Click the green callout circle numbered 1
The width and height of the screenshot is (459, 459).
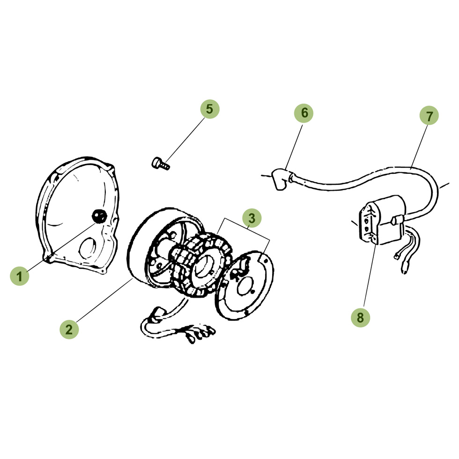click(x=20, y=276)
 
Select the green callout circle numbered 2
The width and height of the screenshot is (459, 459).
click(x=69, y=329)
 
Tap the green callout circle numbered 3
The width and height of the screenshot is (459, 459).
click(x=252, y=218)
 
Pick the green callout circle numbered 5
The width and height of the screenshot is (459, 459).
click(x=210, y=109)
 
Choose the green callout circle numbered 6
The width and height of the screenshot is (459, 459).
click(x=304, y=113)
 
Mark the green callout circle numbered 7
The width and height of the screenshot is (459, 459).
click(x=429, y=116)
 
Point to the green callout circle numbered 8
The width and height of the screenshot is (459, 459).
click(x=360, y=318)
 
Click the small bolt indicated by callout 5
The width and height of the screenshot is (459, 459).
click(x=161, y=163)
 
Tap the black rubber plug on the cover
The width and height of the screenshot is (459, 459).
click(x=99, y=216)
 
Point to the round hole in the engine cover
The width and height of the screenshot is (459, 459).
click(x=88, y=248)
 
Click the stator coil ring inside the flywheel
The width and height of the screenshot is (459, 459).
click(x=202, y=265)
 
